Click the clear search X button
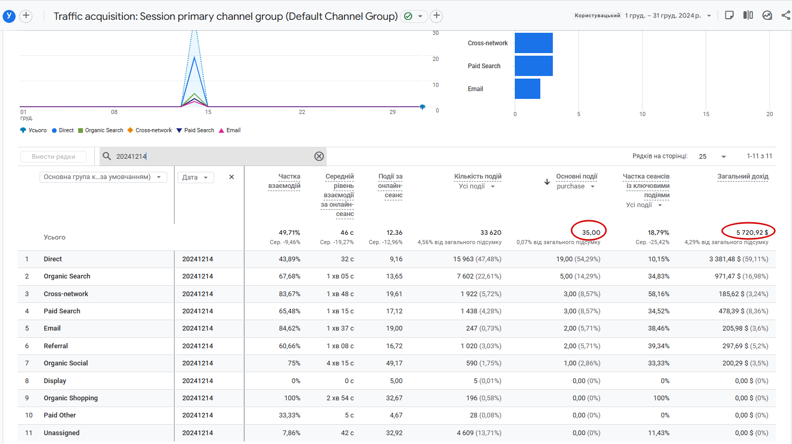(x=319, y=156)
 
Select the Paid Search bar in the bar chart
(x=534, y=66)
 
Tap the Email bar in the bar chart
(x=527, y=89)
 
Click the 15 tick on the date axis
(x=208, y=112)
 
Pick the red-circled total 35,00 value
(x=591, y=233)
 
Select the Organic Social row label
(x=66, y=363)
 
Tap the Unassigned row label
(x=61, y=433)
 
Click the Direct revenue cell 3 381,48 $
(x=738, y=259)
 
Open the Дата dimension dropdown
(x=195, y=177)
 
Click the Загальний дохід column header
(x=742, y=176)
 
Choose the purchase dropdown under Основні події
(x=576, y=186)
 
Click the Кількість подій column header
(x=477, y=176)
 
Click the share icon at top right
(x=786, y=15)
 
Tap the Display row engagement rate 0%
(x=295, y=381)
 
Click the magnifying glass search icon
(x=107, y=156)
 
